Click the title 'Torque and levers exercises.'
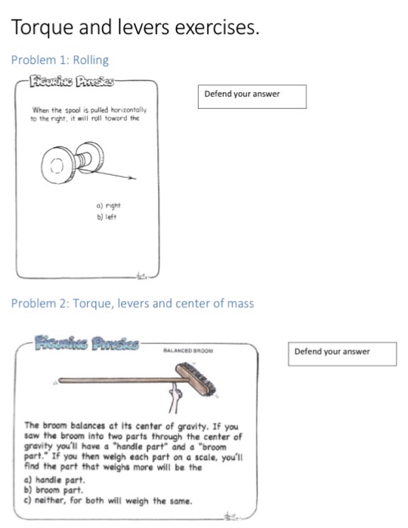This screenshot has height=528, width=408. pos(135,28)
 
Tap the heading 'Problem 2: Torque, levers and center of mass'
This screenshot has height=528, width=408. pos(132,303)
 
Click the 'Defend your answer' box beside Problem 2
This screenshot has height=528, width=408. pos(343,352)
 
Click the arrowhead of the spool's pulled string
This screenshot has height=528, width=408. pos(137,179)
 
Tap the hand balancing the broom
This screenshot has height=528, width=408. pos(175,396)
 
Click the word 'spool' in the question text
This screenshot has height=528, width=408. pos(72,109)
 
